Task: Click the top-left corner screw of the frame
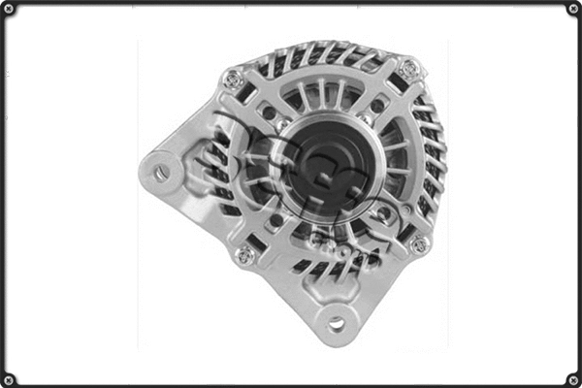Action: click(x=9, y=9)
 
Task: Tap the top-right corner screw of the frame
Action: click(x=572, y=9)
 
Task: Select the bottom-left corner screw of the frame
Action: click(x=9, y=378)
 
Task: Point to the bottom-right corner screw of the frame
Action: click(x=572, y=378)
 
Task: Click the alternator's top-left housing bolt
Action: click(x=233, y=80)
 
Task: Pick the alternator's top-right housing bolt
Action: click(x=409, y=69)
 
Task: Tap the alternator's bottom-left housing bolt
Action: click(x=245, y=255)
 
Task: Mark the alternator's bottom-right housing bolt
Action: click(x=418, y=244)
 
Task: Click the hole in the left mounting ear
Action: click(x=161, y=174)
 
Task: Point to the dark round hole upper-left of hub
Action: click(x=269, y=113)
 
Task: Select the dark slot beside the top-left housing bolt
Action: click(x=249, y=95)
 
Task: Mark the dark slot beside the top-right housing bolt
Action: click(x=395, y=85)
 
